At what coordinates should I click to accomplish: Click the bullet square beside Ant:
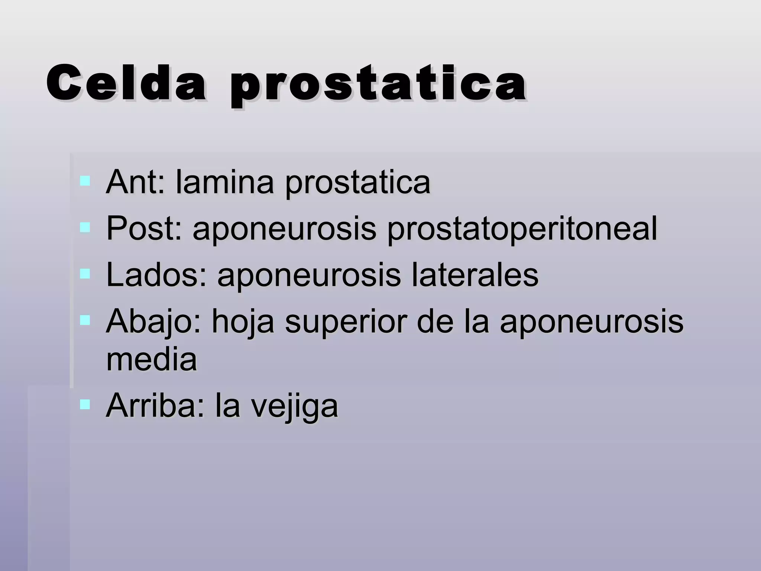(85, 181)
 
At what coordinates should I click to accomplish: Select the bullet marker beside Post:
(85, 228)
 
